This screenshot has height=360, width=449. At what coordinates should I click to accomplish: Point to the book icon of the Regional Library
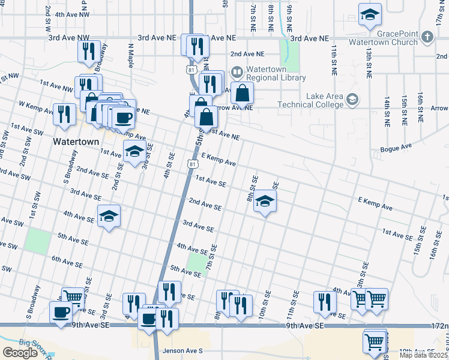[x=237, y=73]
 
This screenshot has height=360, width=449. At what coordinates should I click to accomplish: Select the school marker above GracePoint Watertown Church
[x=370, y=14]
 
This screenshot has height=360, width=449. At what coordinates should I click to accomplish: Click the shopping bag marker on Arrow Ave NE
[x=241, y=94]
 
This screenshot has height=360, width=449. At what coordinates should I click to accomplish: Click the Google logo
[x=20, y=353]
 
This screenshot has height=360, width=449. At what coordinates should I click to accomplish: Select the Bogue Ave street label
[x=396, y=146]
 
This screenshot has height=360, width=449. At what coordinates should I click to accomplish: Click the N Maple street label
[x=130, y=59]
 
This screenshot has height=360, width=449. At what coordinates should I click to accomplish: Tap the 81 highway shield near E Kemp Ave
[x=191, y=163]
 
